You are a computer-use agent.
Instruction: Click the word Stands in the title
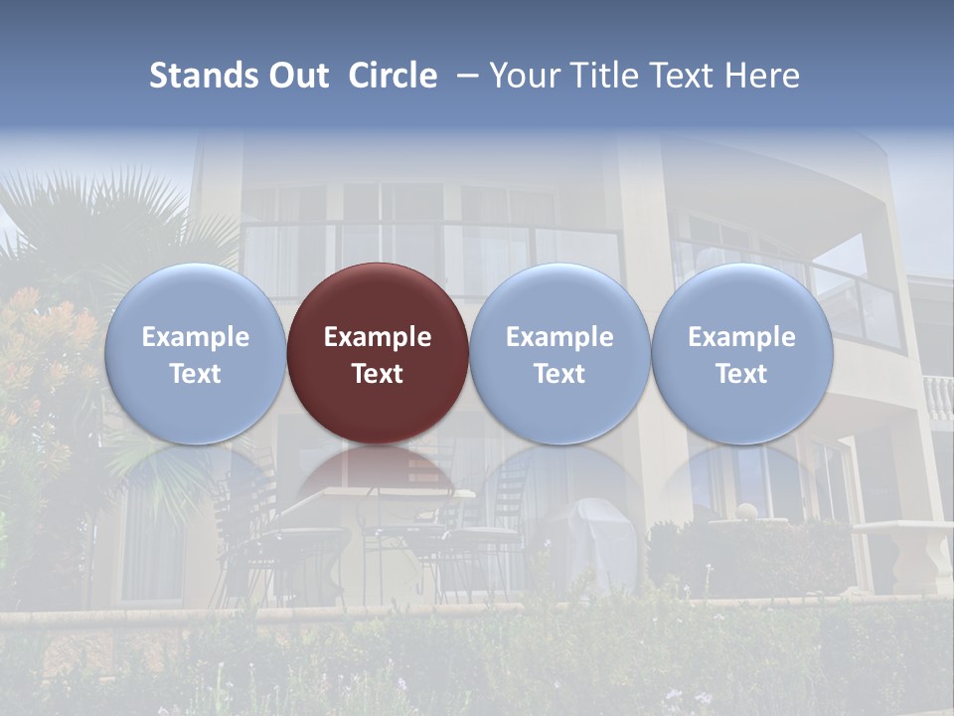[202, 76]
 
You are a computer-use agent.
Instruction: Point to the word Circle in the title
[393, 76]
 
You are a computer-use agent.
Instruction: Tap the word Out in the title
[297, 76]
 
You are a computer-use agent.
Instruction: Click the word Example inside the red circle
[378, 337]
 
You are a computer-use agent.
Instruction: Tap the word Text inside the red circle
[378, 374]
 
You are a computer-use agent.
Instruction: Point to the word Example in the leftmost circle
[195, 337]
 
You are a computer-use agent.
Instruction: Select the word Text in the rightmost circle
[741, 374]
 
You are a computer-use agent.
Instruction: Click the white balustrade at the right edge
[938, 398]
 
